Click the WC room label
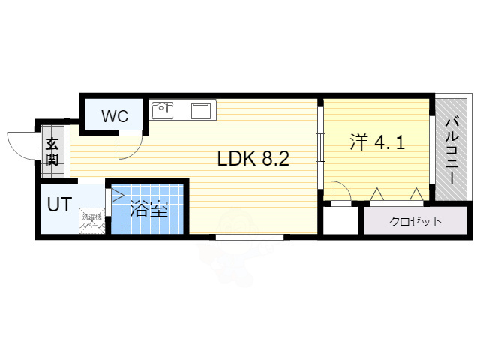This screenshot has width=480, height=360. [x=115, y=116]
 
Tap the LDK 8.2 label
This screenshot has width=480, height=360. [x=253, y=159]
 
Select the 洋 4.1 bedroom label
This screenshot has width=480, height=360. [x=377, y=142]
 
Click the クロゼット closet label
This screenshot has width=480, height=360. [x=415, y=222]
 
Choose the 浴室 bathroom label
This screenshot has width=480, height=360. [x=148, y=209]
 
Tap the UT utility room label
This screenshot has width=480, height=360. [x=60, y=204]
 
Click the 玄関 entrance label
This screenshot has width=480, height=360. [x=51, y=152]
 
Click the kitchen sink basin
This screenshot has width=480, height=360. [x=162, y=111]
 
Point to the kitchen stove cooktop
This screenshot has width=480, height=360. [x=202, y=111]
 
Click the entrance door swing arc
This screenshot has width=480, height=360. [x=21, y=142]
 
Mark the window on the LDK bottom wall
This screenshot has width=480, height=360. [x=250, y=237]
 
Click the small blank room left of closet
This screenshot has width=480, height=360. [x=342, y=222]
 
